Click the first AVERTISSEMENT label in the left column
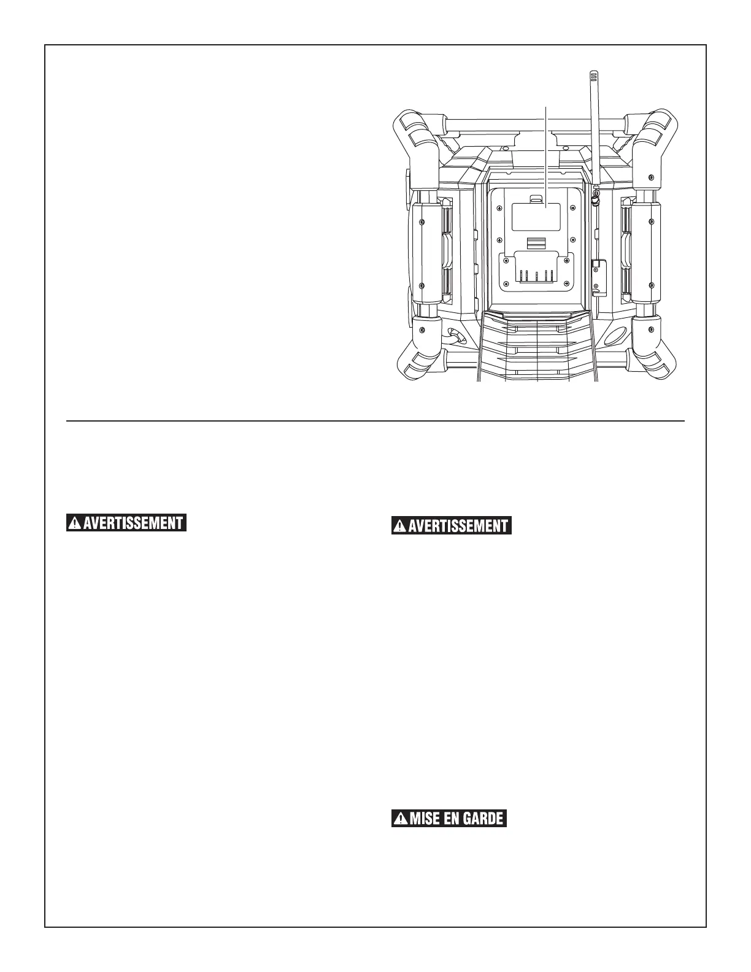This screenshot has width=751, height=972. point(126,523)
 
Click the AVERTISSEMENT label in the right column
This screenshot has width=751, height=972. point(452,526)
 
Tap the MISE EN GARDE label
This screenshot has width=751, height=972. point(449,818)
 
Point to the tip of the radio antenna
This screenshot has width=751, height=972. point(593,75)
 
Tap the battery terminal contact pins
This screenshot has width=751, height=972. point(537,275)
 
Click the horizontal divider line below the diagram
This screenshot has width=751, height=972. point(375,422)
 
